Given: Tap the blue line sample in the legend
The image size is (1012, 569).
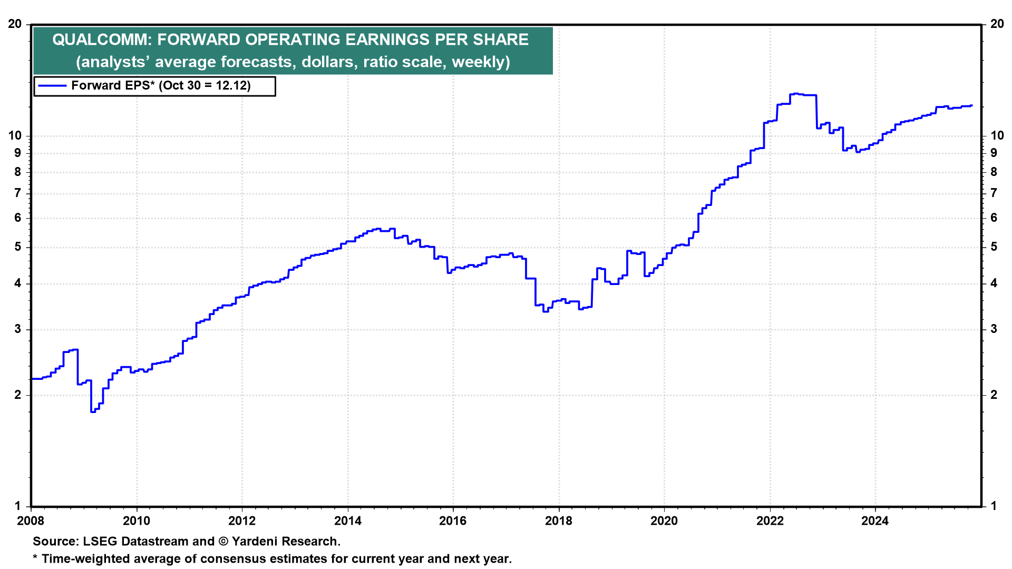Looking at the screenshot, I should pyautogui.click(x=52, y=86).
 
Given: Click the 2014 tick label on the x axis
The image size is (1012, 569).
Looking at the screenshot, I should pyautogui.click(x=347, y=521).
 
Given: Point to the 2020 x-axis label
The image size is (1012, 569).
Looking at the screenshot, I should pyautogui.click(x=664, y=521).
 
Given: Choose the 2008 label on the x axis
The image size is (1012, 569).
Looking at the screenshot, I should pyautogui.click(x=31, y=521).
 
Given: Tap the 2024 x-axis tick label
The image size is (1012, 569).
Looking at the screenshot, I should pyautogui.click(x=874, y=521).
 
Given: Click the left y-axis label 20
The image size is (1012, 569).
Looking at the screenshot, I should pyautogui.click(x=15, y=24).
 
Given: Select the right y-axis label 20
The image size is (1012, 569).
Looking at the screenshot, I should pyautogui.click(x=997, y=24).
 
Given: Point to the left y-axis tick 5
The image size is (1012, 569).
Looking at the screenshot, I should pyautogui.click(x=18, y=247).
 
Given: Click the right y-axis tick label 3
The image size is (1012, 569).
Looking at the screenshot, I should pyautogui.click(x=994, y=329).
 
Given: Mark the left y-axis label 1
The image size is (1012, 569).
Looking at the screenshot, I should pyautogui.click(x=18, y=506).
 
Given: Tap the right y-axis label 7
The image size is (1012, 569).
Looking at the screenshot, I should pyautogui.click(x=994, y=193).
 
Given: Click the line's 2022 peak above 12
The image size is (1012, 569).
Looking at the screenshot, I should pyautogui.click(x=795, y=94).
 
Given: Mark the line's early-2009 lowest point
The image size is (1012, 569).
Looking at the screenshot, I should pyautogui.click(x=93, y=411).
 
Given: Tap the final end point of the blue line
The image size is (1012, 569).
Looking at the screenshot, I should pyautogui.click(x=971, y=105).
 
